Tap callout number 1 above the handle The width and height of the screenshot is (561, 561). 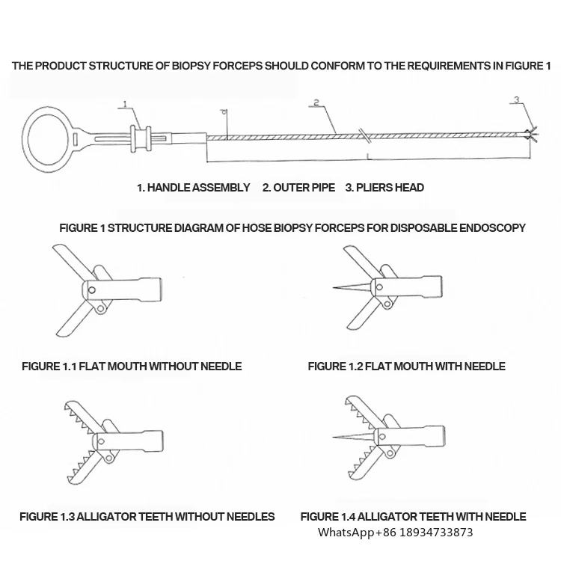point(125,104)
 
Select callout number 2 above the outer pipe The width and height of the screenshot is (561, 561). point(316,102)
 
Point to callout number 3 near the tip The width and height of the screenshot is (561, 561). point(515,99)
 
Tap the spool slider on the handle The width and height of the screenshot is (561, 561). point(138,138)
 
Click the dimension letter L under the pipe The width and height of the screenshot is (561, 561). point(368,156)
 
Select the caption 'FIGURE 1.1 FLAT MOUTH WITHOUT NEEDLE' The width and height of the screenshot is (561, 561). point(132,367)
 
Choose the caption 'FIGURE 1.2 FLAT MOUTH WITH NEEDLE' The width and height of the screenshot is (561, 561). point(406,367)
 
